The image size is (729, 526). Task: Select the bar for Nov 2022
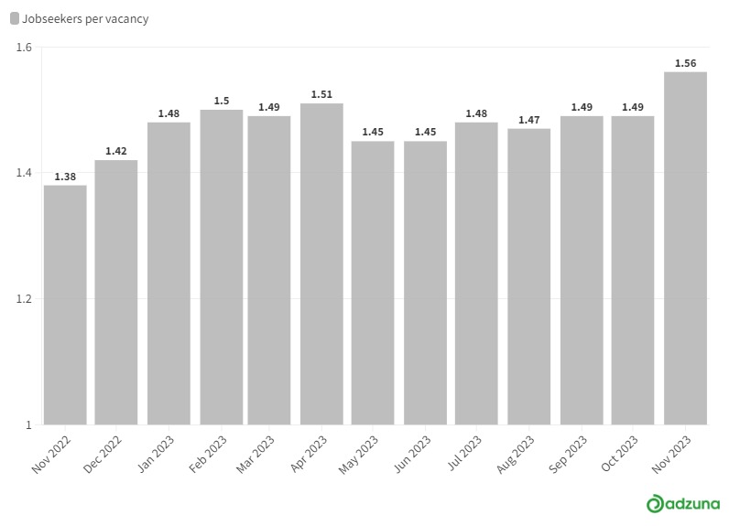click(65, 305)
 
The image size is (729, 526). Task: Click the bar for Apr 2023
click(321, 264)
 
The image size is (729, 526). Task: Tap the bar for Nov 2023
click(685, 249)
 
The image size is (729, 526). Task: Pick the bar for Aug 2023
click(528, 276)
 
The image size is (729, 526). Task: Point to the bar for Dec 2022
click(115, 293)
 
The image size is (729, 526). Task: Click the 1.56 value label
click(685, 63)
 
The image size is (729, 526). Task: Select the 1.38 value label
click(65, 177)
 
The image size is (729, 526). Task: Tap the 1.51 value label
click(321, 94)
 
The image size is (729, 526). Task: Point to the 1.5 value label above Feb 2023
click(222, 101)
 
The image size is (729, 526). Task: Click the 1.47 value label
click(528, 120)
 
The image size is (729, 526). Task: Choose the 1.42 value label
click(115, 151)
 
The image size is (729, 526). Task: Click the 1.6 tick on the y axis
click(24, 47)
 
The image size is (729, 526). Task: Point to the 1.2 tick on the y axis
click(24, 298)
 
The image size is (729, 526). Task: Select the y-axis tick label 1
click(28, 424)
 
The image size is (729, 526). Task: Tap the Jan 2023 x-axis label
click(156, 454)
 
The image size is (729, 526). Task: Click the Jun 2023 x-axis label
click(412, 454)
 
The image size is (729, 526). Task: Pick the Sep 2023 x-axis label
click(568, 454)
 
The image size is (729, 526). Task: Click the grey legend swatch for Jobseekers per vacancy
click(15, 18)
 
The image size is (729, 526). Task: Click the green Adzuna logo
click(683, 504)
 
